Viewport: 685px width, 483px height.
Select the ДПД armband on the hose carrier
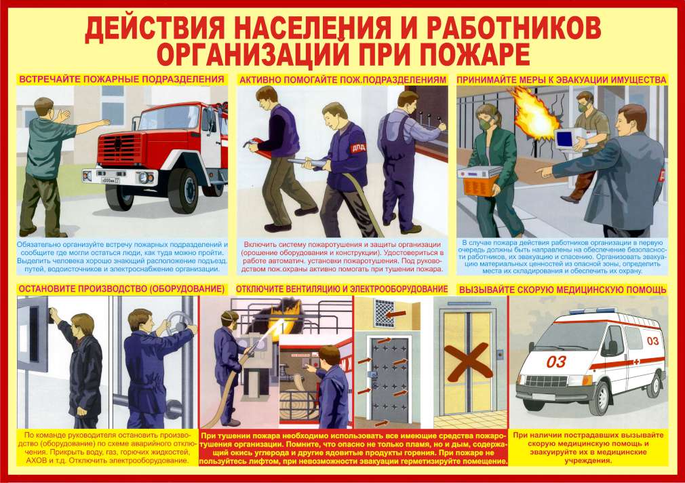[358, 147]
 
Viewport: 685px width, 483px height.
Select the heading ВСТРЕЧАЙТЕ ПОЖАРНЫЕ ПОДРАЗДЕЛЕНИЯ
[121, 79]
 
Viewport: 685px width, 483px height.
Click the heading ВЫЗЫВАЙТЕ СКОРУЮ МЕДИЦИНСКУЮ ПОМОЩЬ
[562, 290]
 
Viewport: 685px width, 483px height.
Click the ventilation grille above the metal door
[385, 313]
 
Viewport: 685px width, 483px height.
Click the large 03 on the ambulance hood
[555, 362]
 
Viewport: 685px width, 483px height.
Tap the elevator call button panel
[501, 353]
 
